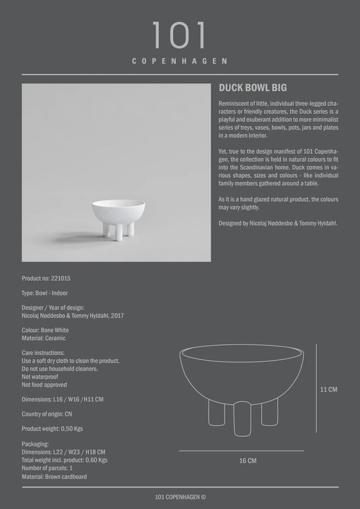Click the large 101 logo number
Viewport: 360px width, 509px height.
coord(179,37)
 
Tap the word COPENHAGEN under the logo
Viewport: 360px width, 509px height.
coord(180,61)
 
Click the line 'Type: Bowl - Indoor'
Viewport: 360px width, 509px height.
coord(45,293)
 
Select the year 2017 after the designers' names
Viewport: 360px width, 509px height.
coord(116,316)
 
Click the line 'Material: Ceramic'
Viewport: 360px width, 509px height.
coord(44,339)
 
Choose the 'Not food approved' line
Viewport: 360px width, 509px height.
coord(44,385)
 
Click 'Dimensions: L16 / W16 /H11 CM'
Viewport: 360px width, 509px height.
coord(62,399)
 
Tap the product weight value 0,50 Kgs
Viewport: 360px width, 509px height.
coord(71,429)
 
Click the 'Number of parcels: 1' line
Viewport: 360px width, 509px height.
coord(47,469)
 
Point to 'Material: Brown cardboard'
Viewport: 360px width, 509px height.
coord(54,476)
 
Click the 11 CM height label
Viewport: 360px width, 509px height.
coord(328,389)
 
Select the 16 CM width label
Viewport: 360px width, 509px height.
coord(247,461)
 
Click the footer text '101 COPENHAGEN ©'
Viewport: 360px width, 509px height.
coord(180,497)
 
